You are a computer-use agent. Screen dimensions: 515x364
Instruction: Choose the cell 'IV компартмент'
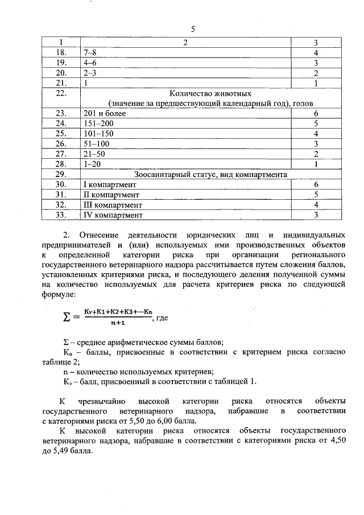pos(112,215)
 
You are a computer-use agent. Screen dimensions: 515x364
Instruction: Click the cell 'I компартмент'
pos(110,185)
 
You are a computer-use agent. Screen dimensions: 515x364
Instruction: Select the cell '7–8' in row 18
pos(90,52)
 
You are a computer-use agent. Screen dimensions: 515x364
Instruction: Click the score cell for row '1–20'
pos(315,164)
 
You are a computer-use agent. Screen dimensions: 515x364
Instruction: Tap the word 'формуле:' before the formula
pos(59,294)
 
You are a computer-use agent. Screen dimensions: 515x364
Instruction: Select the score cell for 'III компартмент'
pos(315,205)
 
